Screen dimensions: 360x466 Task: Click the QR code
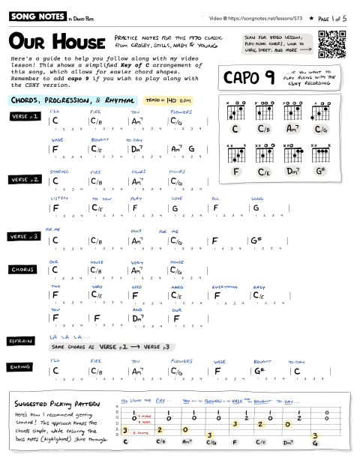coord(333,45)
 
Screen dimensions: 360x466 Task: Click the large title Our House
coord(55,40)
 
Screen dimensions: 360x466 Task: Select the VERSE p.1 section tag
coord(24,117)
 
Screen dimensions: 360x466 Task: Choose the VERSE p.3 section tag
coord(24,237)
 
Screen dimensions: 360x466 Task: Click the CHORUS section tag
coord(22,269)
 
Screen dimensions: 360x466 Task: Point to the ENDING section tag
coord(20,367)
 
